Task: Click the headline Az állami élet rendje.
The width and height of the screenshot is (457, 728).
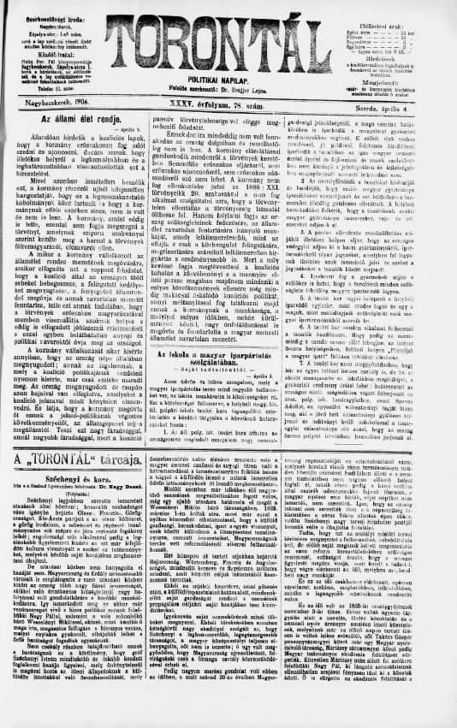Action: (x=78, y=139)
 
